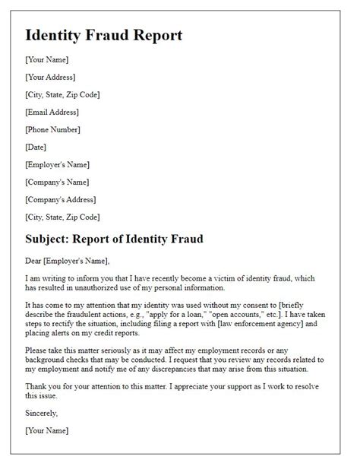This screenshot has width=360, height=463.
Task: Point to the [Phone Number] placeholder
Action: [53, 129]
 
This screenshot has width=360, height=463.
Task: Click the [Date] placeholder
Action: [37, 147]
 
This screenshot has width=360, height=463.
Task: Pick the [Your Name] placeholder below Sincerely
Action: [46, 431]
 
